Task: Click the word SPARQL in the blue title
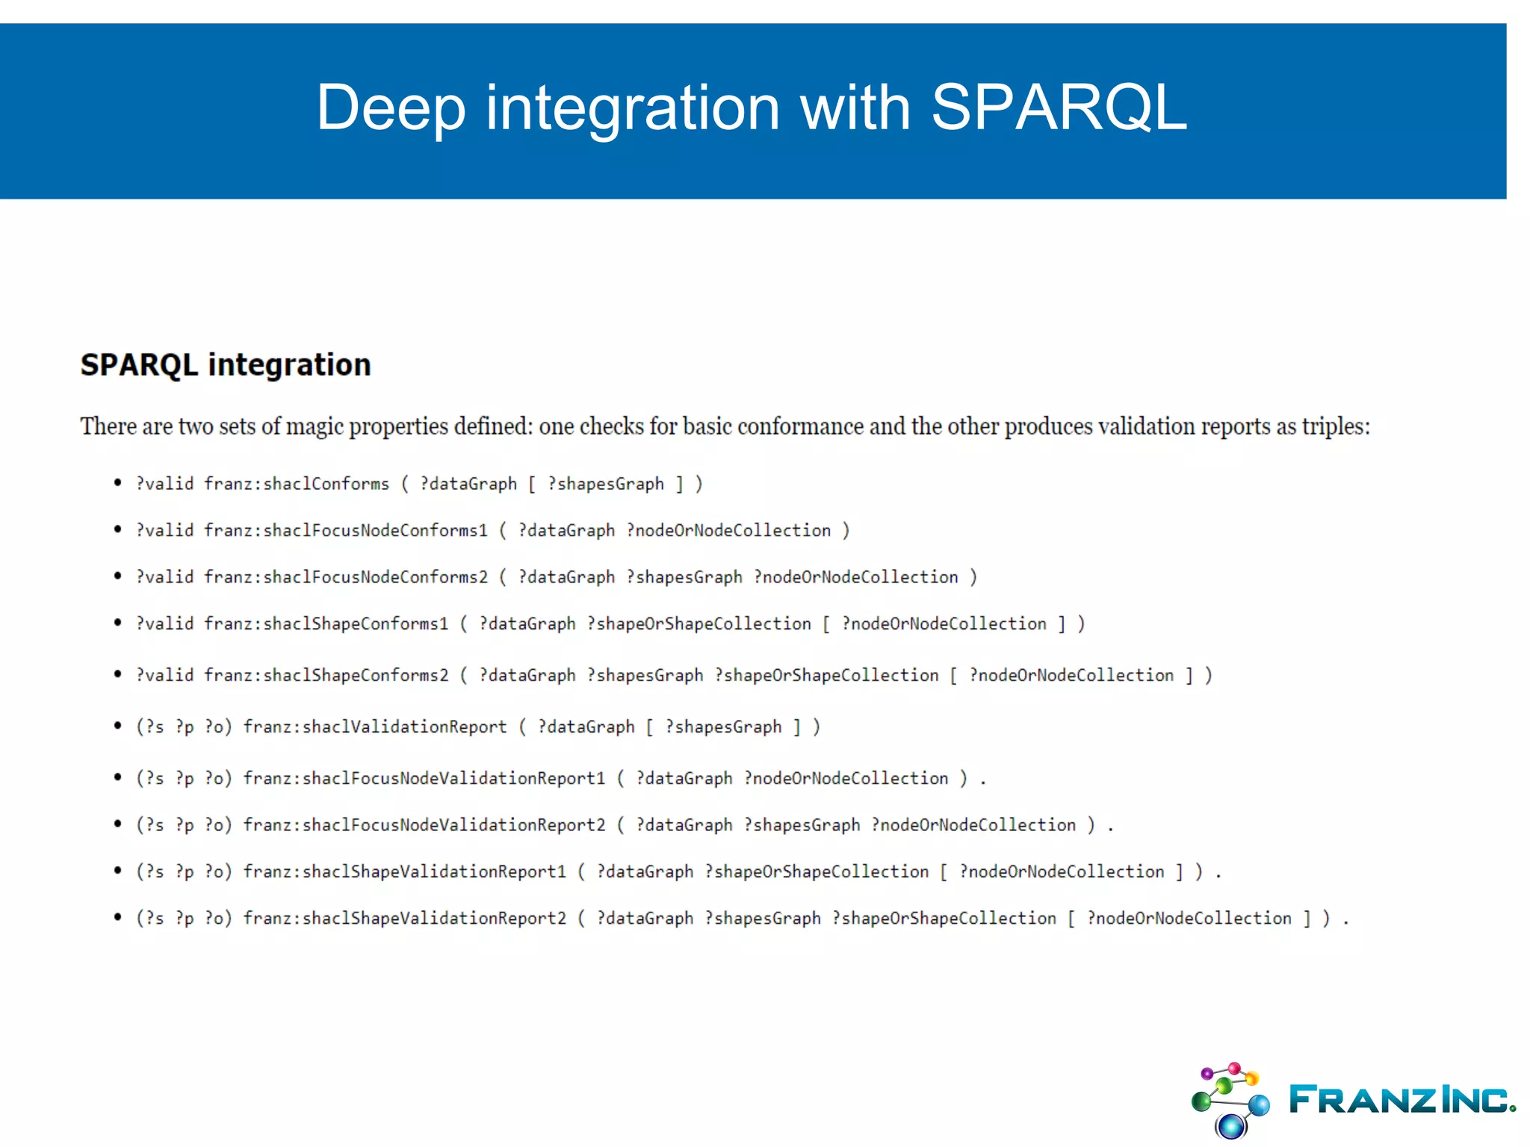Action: tap(1059, 108)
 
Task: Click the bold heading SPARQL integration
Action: tap(226, 365)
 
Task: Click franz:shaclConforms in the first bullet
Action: tap(297, 484)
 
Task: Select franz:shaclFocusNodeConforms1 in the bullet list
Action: tap(346, 530)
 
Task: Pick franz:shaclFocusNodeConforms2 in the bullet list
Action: tap(346, 577)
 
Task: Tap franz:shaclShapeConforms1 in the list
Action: tap(326, 624)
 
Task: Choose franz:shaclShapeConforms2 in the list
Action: tap(326, 675)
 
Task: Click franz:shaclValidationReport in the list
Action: tap(375, 727)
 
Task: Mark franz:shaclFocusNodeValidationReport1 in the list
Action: tap(424, 778)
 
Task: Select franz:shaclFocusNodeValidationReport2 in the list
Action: tap(424, 825)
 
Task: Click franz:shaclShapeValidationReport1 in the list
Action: tap(405, 871)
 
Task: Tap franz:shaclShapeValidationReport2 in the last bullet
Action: tap(405, 918)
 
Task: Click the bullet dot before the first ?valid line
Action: tap(117, 483)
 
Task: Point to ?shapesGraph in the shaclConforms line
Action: tap(606, 484)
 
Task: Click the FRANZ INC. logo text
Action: tap(1402, 1099)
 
